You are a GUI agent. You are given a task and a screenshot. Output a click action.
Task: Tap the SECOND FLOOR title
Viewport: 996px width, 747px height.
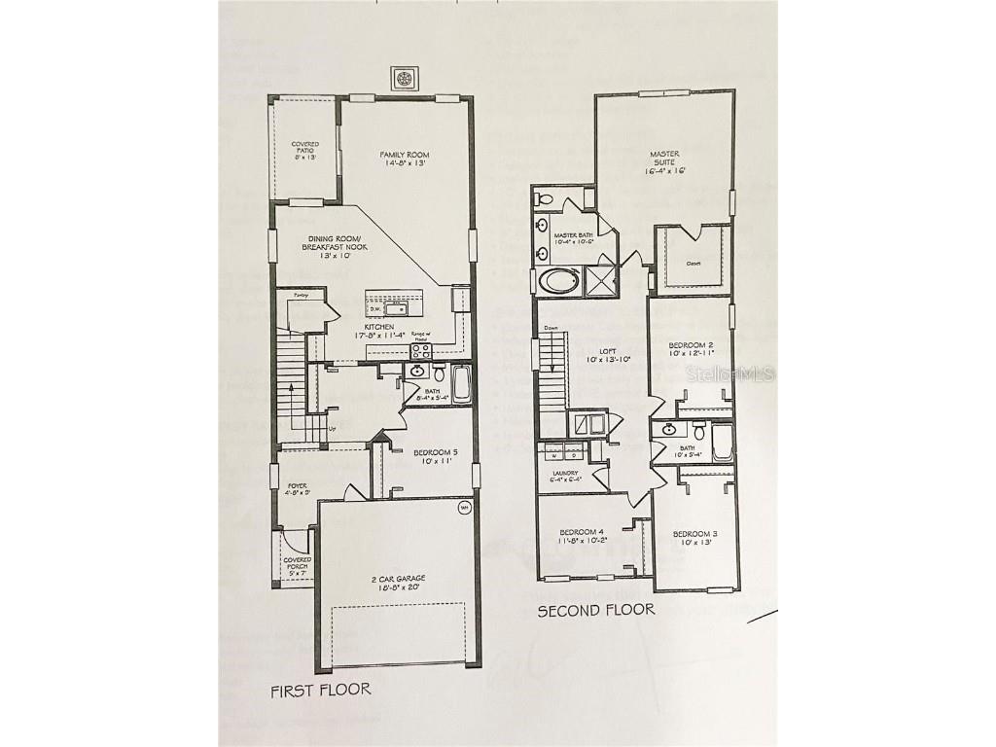[x=596, y=610]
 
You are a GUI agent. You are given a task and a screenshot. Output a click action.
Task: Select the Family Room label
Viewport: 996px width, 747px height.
[x=405, y=155]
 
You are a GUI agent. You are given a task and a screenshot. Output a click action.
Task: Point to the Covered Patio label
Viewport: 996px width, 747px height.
[x=305, y=145]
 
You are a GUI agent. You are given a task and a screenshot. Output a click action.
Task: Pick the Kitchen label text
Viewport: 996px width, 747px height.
[x=378, y=327]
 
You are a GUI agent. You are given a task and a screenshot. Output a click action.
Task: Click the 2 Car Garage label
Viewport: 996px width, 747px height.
[x=397, y=579]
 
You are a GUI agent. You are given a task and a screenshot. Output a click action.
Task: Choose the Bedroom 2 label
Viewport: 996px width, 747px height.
[x=692, y=346]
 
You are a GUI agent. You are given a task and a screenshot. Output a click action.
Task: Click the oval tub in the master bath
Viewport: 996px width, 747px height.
[x=558, y=282]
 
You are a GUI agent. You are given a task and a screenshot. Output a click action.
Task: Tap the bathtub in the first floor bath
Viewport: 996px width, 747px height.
[x=460, y=384]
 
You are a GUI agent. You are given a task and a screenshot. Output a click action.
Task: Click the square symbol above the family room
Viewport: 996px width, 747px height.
[x=405, y=78]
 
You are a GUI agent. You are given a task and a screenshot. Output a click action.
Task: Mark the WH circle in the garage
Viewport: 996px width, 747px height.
[x=464, y=508]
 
